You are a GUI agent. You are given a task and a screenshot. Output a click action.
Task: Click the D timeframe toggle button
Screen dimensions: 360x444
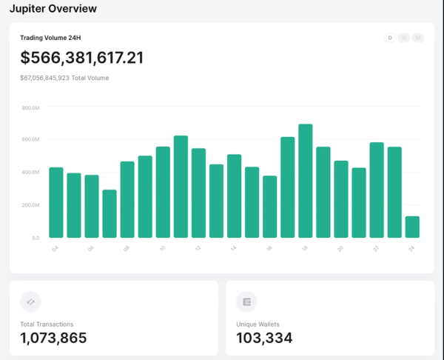point(390,38)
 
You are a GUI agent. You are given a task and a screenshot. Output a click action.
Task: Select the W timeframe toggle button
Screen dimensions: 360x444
point(404,38)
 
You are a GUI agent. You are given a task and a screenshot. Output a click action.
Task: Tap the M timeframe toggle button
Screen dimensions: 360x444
point(418,38)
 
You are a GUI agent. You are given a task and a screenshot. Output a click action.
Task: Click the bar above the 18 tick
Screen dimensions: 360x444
point(306,181)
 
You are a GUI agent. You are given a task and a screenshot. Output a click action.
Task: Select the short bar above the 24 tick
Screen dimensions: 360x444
point(412,227)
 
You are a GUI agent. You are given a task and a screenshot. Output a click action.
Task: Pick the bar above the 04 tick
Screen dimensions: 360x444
point(56,202)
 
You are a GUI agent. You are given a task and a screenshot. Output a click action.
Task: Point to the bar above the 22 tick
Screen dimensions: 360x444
point(377,190)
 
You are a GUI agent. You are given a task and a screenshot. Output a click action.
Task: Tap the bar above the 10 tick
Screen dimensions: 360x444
point(163,192)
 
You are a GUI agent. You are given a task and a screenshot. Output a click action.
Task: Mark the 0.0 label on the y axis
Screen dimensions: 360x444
point(35,238)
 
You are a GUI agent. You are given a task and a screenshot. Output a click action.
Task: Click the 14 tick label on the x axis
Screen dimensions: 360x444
point(233,250)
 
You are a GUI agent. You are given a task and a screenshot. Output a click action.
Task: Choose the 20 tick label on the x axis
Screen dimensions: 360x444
point(340,250)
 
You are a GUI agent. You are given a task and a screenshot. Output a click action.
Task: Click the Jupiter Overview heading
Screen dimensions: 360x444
point(53,8)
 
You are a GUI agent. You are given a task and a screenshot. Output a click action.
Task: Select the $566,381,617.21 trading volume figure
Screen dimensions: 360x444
point(82,59)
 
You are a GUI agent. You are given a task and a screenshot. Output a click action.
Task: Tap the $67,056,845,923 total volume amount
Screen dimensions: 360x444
point(45,78)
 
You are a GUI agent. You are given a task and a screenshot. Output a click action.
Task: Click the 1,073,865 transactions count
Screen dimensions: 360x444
point(53,339)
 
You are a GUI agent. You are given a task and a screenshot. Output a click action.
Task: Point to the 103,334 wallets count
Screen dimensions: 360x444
point(264,339)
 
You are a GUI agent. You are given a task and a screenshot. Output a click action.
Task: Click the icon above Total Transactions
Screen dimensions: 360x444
point(30,301)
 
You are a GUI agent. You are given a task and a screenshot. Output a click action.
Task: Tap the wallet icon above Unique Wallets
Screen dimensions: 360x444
point(246,301)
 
